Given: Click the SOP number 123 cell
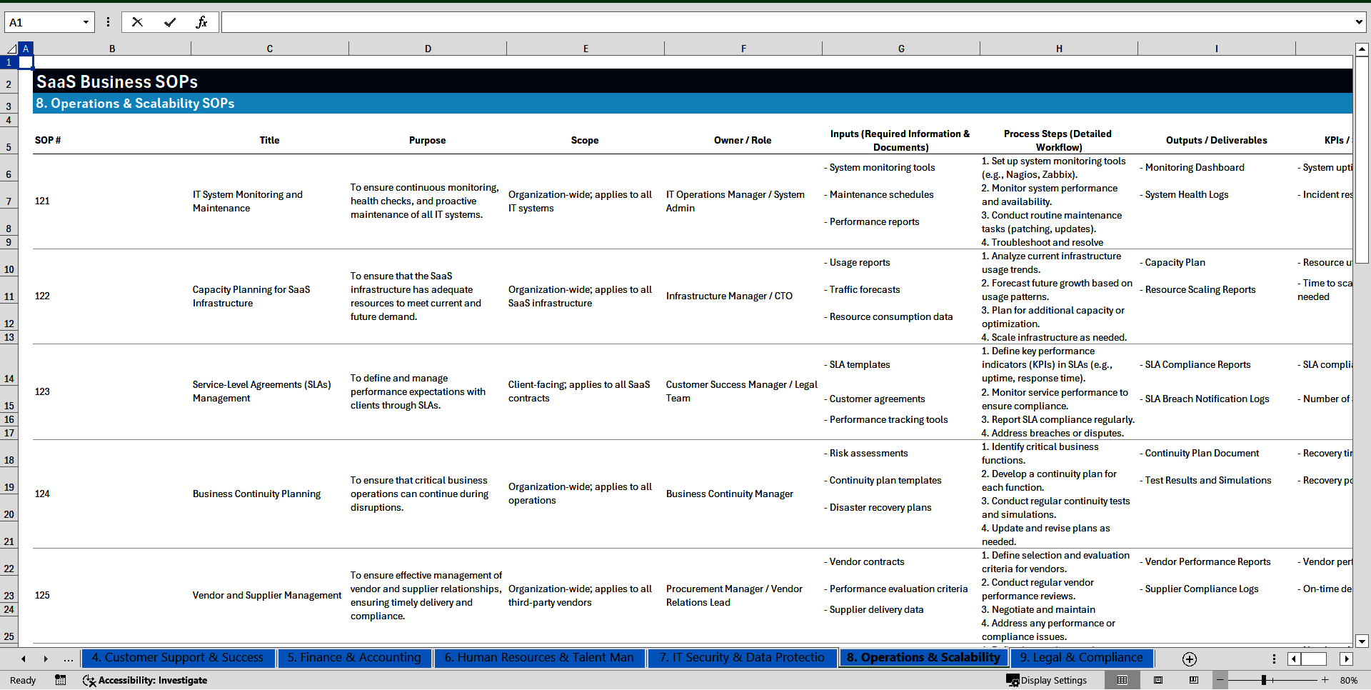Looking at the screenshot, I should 43,391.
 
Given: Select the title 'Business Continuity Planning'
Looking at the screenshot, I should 256,494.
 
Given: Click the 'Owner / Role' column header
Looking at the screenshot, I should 742,140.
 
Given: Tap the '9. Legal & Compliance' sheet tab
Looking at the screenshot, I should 1081,657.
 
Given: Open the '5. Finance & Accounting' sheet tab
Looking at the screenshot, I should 354,657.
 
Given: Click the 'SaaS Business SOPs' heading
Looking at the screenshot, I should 117,81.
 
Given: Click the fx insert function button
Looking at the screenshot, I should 201,22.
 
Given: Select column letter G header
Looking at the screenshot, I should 901,49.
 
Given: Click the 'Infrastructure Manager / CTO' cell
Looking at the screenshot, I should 729,296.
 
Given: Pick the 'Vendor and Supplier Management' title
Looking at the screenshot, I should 267,595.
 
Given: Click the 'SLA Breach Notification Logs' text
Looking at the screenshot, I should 1207,399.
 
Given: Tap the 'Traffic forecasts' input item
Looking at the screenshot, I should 864,289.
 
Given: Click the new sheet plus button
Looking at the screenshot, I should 1189,659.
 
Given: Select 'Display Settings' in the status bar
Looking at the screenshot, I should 1047,680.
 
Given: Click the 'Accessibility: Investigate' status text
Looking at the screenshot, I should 152,680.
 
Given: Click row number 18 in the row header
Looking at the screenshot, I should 9,460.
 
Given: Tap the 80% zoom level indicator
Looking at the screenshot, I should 1348,680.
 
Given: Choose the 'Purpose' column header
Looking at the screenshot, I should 427,140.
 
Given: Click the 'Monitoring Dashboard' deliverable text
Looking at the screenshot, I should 1194,167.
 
